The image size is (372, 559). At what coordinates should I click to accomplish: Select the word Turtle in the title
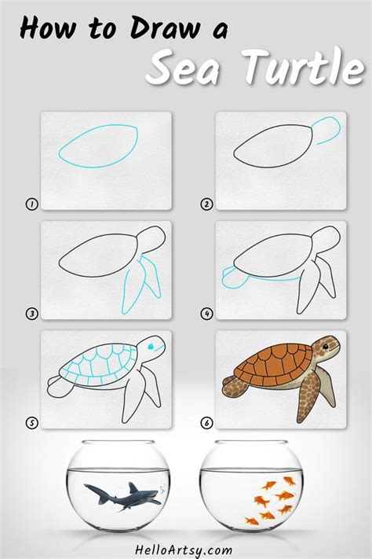303,66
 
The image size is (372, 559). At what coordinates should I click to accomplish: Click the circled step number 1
31,204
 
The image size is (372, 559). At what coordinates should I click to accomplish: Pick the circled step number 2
207,204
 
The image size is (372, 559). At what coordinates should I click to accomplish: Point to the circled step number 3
31,314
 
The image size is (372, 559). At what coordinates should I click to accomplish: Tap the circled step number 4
207,314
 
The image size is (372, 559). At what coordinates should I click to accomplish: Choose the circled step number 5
31,423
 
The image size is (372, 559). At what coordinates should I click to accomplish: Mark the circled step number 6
207,423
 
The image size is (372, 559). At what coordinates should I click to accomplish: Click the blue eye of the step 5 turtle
150,346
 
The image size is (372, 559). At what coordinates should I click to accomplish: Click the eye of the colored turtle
326,346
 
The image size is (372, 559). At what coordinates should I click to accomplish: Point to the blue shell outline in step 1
99,145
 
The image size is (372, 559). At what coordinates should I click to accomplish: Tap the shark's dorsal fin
133,487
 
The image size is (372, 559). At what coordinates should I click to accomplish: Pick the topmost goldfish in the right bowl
290,481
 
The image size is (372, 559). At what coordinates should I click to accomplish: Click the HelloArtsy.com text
184,550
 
